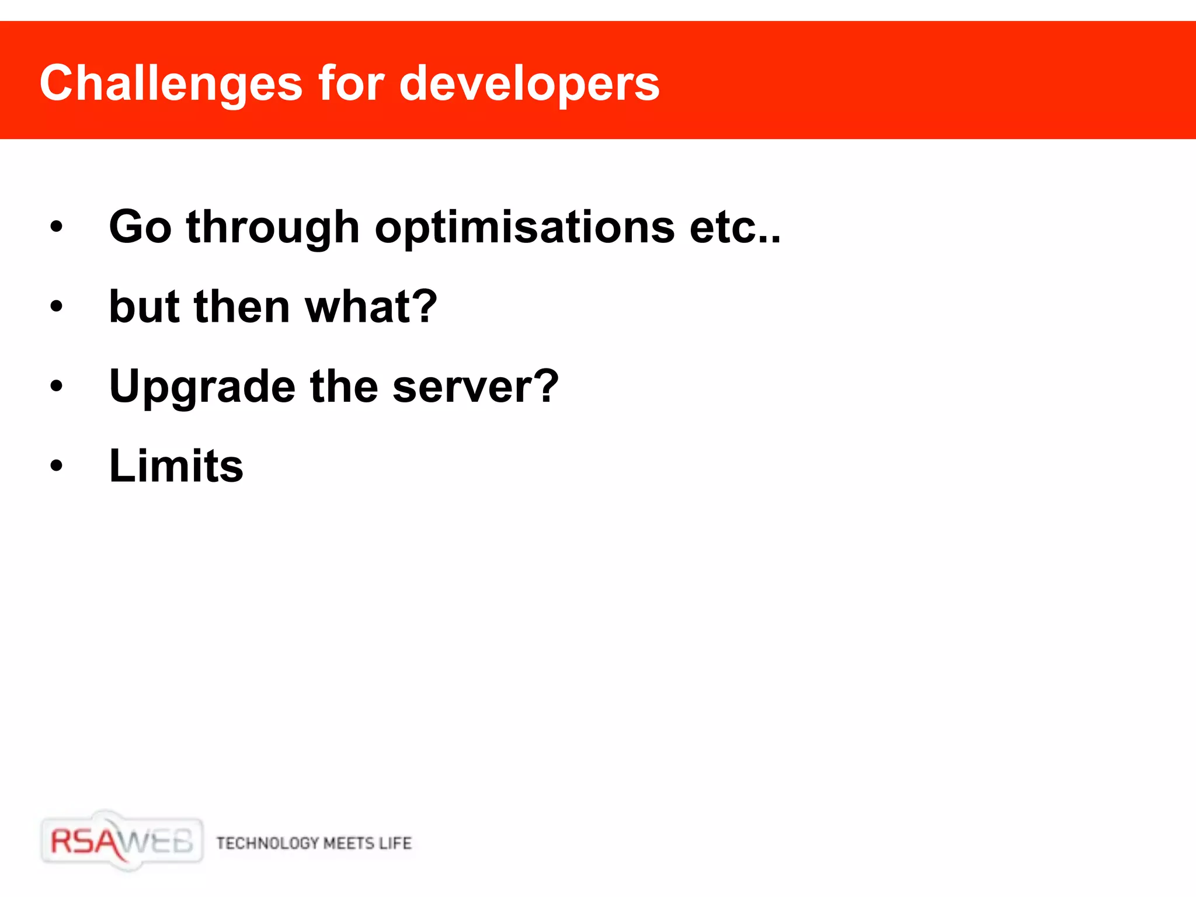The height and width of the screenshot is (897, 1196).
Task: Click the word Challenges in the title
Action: click(171, 84)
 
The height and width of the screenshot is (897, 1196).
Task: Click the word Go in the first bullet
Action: click(140, 227)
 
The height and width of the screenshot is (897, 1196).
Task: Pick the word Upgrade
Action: click(202, 387)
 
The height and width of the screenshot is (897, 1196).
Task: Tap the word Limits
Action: click(176, 466)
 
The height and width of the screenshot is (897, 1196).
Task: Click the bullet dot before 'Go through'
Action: click(56, 227)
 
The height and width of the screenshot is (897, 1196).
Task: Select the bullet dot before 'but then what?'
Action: click(56, 307)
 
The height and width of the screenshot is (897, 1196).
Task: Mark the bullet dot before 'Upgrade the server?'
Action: click(56, 386)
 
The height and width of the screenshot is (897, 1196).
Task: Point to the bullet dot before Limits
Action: click(56, 466)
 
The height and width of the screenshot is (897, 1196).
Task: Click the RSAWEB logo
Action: click(122, 842)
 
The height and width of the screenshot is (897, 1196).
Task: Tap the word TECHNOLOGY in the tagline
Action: click(267, 843)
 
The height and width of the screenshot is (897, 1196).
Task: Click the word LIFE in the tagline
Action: click(395, 843)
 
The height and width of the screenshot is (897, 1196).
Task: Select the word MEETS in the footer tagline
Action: click(349, 843)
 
